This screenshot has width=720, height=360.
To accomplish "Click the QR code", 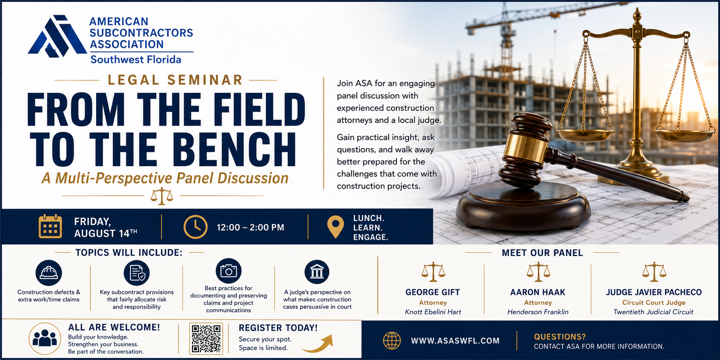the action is coord(206,338).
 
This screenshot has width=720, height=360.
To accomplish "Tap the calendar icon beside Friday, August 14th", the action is coord(50,226).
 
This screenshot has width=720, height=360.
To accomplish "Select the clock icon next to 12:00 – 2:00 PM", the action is coord(195,227).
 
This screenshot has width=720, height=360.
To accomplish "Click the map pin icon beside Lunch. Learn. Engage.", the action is coord(335,227).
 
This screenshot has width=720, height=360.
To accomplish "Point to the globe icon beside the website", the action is coord(392,341).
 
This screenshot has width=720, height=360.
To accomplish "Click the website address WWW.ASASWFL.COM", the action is coord(455,341).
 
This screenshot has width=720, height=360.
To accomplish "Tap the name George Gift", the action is coord(433,292).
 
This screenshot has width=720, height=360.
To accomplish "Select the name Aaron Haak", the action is coord(538,292).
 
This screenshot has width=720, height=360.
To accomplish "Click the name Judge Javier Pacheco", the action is coord(654,292).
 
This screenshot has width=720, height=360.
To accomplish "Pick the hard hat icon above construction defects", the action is coord(49,273).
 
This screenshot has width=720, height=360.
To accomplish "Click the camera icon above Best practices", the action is coord(229,271).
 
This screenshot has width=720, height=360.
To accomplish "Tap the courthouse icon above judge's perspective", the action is coord(317,272).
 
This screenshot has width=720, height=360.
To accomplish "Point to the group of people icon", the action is coord(45,338).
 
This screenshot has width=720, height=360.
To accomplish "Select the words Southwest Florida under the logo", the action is coord(136,60).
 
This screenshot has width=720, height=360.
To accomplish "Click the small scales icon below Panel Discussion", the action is coord(162,196).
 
